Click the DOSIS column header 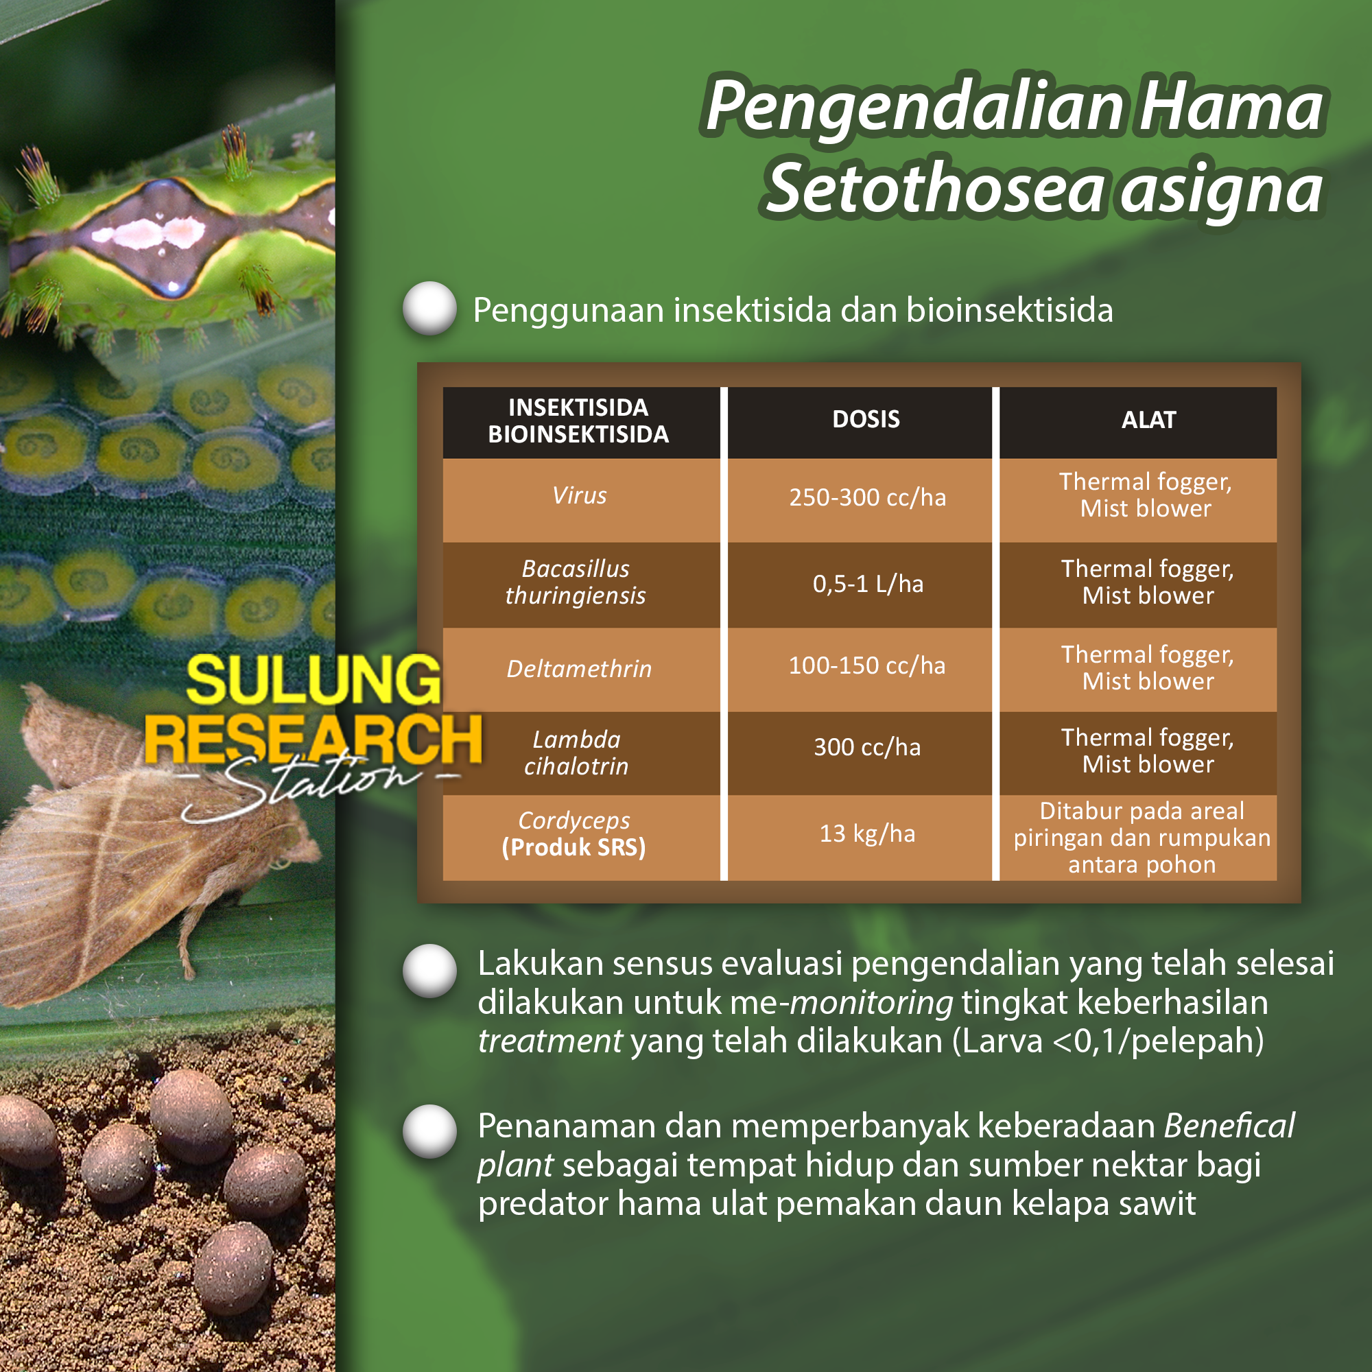(866, 419)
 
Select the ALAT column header (1148, 420)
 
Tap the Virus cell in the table (580, 495)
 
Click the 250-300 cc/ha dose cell (867, 497)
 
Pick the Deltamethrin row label (579, 668)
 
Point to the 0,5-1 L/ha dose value (868, 584)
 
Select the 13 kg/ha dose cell (867, 833)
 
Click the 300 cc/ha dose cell (867, 747)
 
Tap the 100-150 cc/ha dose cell (867, 665)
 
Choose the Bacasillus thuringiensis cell (576, 582)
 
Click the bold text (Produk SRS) (573, 847)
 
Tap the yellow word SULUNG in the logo (314, 680)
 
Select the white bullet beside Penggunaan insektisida (429, 308)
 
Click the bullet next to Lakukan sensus (429, 971)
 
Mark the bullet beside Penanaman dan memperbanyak (429, 1132)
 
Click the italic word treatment (550, 1041)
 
